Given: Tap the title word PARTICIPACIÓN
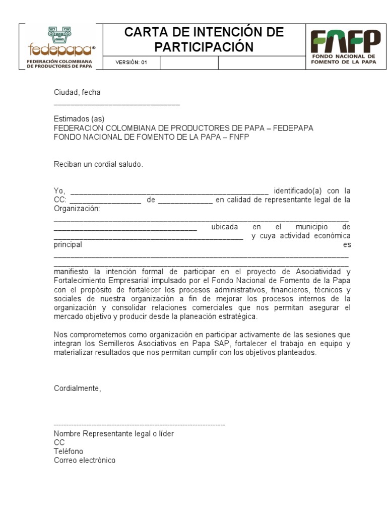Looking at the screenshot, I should (x=203, y=47).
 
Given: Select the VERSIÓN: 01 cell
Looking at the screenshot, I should (x=131, y=63).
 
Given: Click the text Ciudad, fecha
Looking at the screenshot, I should (x=77, y=92).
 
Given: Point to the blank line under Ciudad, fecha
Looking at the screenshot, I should (x=116, y=104).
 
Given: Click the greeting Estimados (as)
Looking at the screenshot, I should (x=79, y=119).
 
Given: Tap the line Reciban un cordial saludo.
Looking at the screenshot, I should (x=98, y=164).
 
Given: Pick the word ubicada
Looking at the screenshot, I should (x=224, y=227).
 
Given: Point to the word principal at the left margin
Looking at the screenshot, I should (x=68, y=245).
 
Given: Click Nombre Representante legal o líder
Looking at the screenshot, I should (x=114, y=434).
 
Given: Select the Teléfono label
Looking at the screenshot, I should (x=69, y=451).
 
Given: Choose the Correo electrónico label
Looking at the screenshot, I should (x=85, y=460).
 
